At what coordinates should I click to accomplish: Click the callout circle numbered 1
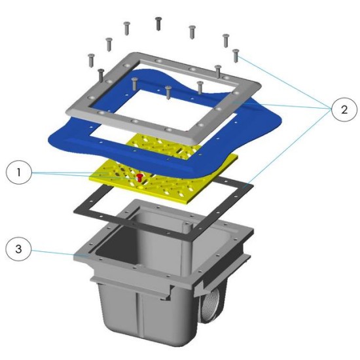click(18, 172)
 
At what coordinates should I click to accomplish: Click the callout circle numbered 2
click(344, 110)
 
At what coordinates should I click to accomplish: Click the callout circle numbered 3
click(18, 249)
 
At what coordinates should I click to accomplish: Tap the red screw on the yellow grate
click(139, 177)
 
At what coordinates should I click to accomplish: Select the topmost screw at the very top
click(158, 23)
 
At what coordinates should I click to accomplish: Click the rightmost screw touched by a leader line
click(236, 56)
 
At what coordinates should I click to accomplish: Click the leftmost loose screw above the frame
click(92, 60)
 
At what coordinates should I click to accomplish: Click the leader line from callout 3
click(59, 253)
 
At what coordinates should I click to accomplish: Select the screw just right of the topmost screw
click(192, 32)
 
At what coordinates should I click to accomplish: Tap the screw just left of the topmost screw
click(126, 28)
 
